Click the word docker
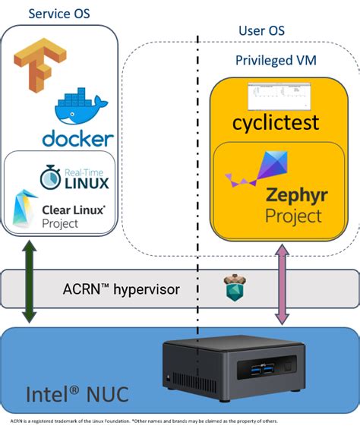pos(78,139)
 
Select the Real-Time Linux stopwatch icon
pos(50,176)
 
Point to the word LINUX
pos(87,183)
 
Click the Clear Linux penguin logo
pos(29,209)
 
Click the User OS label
pos(261,30)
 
